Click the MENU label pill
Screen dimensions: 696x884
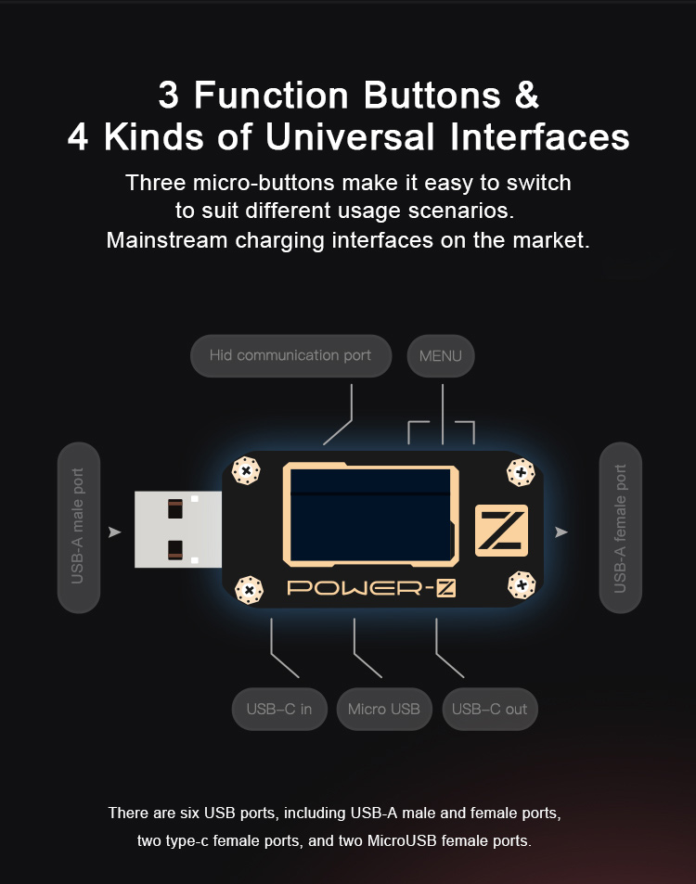[x=441, y=356]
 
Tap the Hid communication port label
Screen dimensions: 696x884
[x=291, y=356]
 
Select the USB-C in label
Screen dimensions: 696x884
[x=279, y=709]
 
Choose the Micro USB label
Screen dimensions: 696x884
[x=384, y=709]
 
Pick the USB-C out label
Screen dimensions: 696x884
[x=490, y=709]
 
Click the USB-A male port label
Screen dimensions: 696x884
[x=79, y=527]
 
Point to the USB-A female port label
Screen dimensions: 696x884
[x=621, y=527]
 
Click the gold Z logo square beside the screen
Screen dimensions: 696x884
[x=501, y=531]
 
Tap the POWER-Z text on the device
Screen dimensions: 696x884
[x=371, y=589]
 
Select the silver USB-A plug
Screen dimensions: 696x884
[x=178, y=530]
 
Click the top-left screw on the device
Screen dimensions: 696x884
[x=246, y=470]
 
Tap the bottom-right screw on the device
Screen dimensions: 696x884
[x=522, y=585]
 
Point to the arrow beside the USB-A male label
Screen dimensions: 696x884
[x=114, y=532]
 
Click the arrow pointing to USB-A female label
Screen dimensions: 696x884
[x=561, y=532]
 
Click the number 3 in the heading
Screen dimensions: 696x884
[x=169, y=95]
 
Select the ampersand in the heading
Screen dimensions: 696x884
[x=527, y=95]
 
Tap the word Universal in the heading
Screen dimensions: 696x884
[x=350, y=137]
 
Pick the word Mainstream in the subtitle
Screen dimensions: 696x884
[x=166, y=240]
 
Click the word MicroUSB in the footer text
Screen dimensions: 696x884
[x=402, y=840]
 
